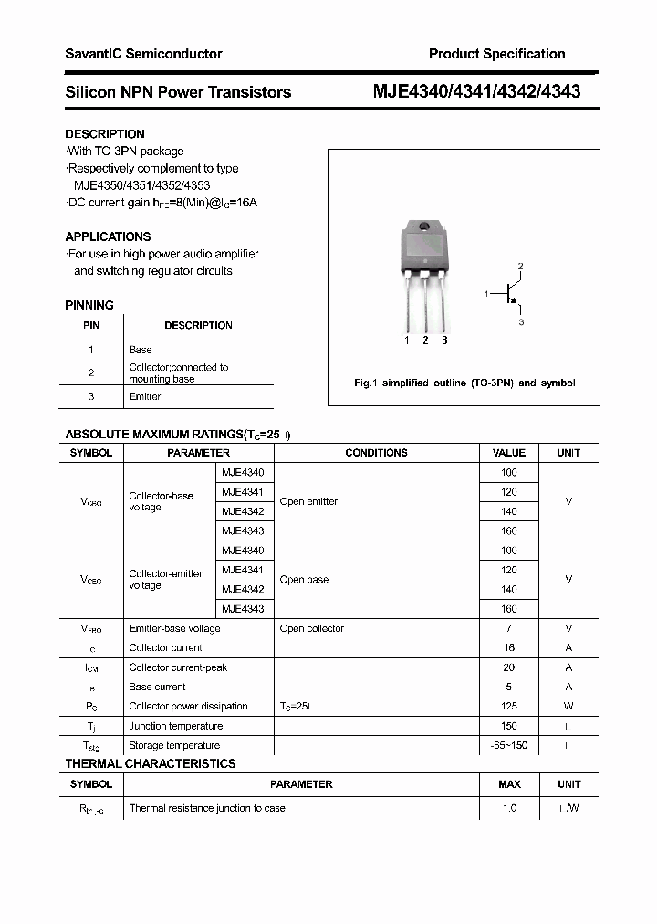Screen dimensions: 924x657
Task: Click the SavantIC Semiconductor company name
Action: tap(143, 54)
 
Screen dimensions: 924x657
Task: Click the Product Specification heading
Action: tap(496, 54)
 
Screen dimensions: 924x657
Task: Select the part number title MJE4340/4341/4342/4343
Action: tap(476, 91)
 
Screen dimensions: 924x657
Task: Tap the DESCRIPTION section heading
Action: tap(105, 134)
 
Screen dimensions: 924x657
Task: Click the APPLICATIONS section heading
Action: tap(108, 236)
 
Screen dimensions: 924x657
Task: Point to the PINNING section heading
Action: tap(89, 305)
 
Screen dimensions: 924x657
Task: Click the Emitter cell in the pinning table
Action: tap(145, 396)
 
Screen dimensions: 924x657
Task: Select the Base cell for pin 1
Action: tap(141, 350)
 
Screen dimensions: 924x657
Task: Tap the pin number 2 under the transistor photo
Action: tap(425, 341)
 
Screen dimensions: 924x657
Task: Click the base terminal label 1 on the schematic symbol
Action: tap(487, 294)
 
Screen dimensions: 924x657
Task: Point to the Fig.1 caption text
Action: tap(464, 383)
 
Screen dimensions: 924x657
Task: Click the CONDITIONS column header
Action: tap(376, 453)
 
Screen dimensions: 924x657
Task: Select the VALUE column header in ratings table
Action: tap(509, 453)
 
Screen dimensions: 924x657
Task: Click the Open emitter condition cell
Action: tap(308, 501)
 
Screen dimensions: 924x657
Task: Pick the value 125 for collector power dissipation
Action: tap(509, 706)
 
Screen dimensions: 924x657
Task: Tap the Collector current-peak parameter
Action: tap(178, 667)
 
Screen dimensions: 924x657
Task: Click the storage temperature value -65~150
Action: tap(509, 745)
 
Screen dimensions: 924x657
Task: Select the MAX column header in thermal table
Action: tap(509, 784)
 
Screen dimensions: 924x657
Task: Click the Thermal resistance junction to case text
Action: tap(207, 808)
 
